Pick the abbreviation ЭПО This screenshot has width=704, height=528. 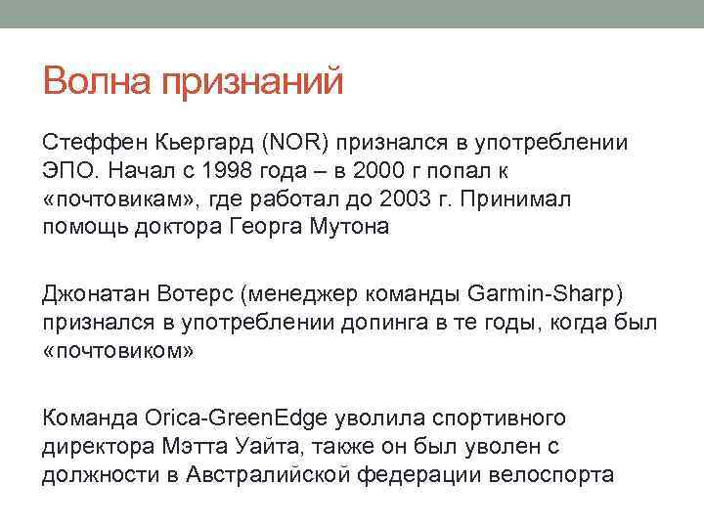tap(66, 172)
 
